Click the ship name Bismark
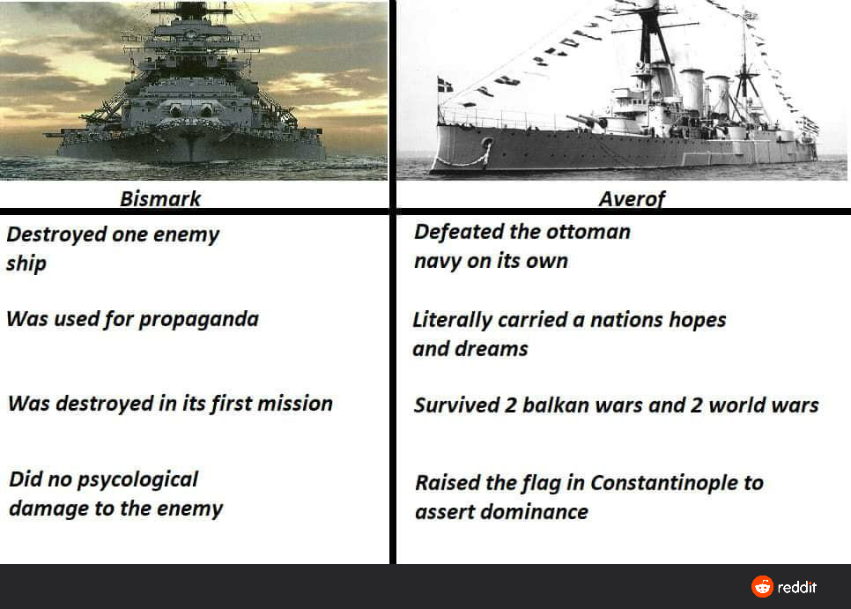click(x=160, y=198)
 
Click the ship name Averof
click(x=632, y=199)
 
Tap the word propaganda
click(x=198, y=320)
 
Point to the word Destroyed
click(x=56, y=235)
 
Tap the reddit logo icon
click(x=763, y=587)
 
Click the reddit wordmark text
click(x=797, y=587)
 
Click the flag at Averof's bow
click(x=445, y=85)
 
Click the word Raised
click(x=448, y=483)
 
